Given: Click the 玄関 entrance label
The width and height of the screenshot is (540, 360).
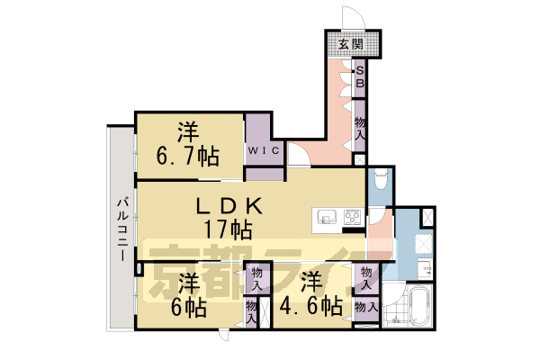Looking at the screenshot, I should click(351, 45).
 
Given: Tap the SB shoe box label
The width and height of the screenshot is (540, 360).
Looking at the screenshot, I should click(359, 76).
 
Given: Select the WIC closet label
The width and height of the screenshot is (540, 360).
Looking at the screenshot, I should click(264, 150).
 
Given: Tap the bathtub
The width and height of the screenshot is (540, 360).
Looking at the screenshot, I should click(419, 310).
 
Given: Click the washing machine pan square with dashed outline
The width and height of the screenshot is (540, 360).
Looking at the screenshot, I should click(418, 243).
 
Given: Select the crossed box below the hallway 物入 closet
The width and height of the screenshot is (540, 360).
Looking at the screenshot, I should click(360, 159).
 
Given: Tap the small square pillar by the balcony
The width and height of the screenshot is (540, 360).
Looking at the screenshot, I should click(139, 267).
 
